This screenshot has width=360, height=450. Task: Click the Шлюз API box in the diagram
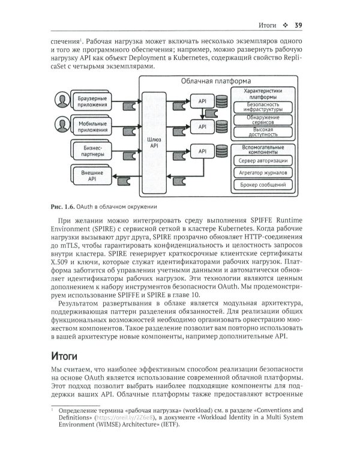[154, 142]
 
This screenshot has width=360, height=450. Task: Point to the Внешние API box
[89, 175]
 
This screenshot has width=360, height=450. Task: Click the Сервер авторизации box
[262, 161]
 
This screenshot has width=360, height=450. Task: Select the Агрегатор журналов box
[262, 173]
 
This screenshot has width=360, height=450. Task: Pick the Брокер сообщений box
[262, 185]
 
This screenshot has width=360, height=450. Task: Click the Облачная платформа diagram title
[215, 80]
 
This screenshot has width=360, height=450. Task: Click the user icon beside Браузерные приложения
[61, 100]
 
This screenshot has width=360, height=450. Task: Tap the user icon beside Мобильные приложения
[61, 125]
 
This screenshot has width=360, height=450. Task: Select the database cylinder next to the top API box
[223, 101]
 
